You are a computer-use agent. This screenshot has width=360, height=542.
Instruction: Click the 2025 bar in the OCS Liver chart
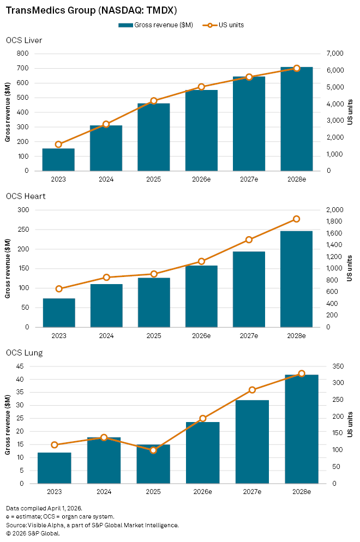point(153,137)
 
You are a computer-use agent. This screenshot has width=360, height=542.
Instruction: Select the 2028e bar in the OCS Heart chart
point(296,279)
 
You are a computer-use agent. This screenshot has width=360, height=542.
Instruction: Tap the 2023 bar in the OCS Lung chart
point(54,468)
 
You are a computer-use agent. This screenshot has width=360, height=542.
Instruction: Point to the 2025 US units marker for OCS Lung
point(153,450)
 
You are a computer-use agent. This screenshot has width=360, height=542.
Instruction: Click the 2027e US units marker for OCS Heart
point(249,240)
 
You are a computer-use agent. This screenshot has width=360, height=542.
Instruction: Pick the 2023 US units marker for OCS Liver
point(58,144)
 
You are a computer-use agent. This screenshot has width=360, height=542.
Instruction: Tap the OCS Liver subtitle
point(24,40)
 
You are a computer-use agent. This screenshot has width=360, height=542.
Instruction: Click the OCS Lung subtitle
point(25,353)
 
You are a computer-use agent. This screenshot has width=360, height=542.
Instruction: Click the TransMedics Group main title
point(92,10)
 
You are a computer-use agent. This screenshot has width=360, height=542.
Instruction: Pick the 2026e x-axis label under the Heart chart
point(201,336)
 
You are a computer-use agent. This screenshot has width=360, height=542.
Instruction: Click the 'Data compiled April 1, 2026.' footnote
point(41,508)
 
